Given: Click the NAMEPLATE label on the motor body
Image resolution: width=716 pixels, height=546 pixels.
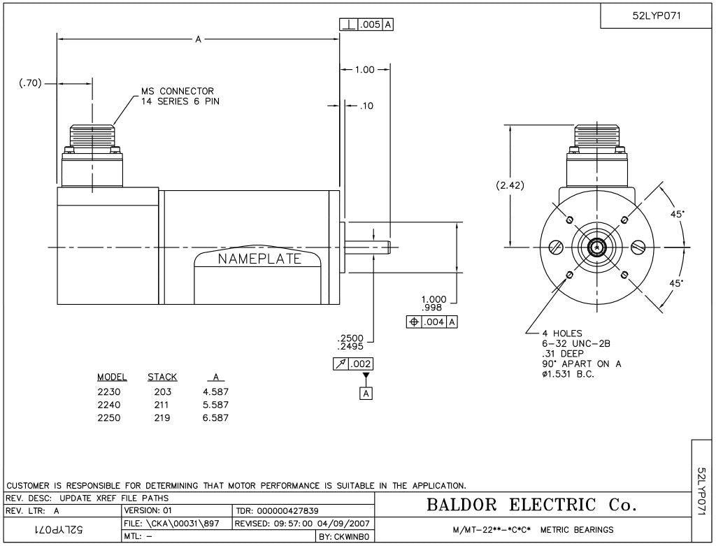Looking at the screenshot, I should point(259,259).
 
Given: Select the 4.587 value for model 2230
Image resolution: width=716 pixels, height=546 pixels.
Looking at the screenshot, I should point(215,391).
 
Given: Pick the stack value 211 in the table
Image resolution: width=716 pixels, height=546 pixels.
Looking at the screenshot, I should point(162,405).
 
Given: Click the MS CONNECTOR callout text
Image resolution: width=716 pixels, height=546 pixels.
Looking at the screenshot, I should point(178,92).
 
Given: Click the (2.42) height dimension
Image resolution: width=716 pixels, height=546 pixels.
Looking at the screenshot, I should point(510,185).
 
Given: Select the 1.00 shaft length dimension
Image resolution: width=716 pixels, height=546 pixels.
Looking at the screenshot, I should point(365,69).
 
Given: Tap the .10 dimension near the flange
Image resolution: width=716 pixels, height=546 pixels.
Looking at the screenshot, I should point(366,106).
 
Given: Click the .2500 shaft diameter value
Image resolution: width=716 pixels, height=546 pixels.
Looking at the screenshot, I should point(350,338).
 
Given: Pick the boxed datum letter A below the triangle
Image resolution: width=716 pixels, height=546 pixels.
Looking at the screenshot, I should point(365,393).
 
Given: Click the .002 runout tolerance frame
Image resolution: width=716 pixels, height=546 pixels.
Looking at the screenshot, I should point(353,364).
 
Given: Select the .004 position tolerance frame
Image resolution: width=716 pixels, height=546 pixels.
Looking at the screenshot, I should point(432,322).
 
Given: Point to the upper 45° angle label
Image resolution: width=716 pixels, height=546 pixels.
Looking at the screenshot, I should point(677,215).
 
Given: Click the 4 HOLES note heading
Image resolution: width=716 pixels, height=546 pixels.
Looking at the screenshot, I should point(562,333).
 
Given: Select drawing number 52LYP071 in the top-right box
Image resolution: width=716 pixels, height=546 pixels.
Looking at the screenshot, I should point(656,15).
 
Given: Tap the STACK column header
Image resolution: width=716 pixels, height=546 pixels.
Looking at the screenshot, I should point(162,378).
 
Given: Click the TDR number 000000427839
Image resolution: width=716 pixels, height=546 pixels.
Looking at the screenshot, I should point(287,511).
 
